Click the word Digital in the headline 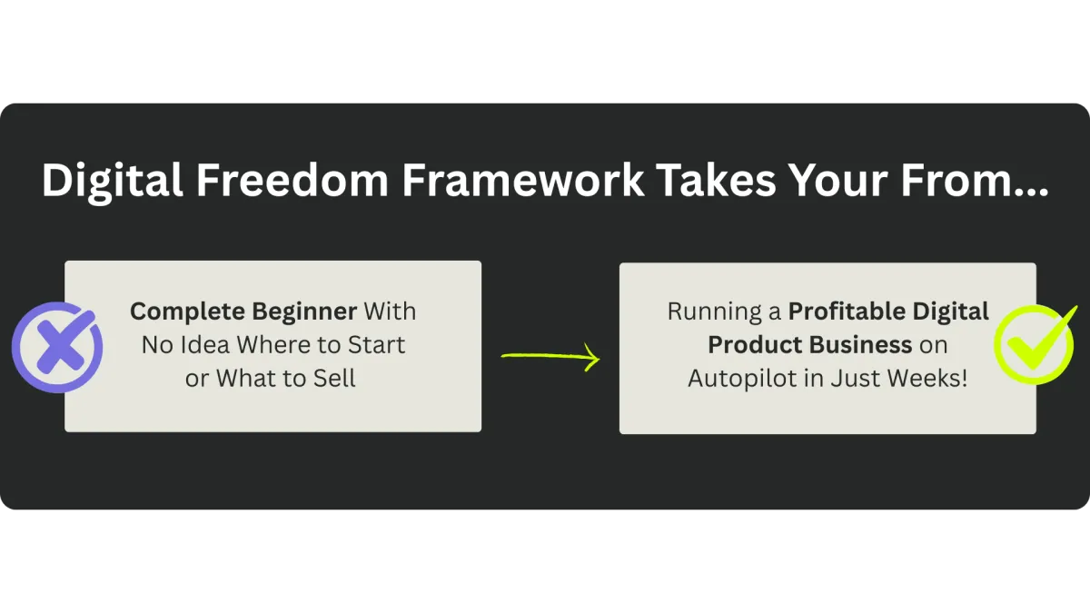click(x=113, y=181)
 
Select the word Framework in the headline click(x=523, y=180)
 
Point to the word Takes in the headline click(x=717, y=180)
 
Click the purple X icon click(x=57, y=347)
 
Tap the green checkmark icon click(x=1035, y=344)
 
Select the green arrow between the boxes click(x=550, y=357)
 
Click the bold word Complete click(x=187, y=312)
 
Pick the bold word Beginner click(x=304, y=311)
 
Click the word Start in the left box click(x=376, y=345)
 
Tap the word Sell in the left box click(x=334, y=379)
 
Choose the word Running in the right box click(x=714, y=312)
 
